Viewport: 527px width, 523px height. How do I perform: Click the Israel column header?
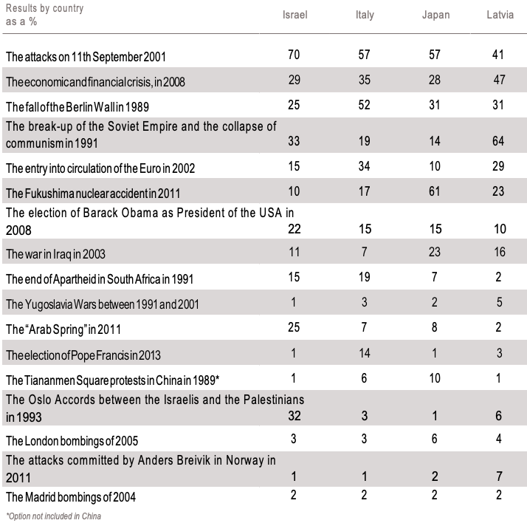(x=294, y=16)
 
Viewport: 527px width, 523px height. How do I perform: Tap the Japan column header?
(x=435, y=16)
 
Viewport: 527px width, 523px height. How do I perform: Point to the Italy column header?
(x=365, y=16)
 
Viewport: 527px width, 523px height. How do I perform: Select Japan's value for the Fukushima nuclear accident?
(x=435, y=193)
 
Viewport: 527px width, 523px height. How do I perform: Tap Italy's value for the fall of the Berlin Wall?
(x=365, y=105)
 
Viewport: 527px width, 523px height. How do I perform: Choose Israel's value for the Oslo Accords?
(x=294, y=416)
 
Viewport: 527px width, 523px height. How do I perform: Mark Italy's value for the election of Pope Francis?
(x=365, y=353)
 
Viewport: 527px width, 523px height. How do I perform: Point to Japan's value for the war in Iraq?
(x=435, y=252)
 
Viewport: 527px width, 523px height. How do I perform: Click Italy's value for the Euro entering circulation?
(x=365, y=167)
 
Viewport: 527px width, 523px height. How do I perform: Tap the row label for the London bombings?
(x=72, y=442)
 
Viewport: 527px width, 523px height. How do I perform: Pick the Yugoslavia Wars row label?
(x=102, y=304)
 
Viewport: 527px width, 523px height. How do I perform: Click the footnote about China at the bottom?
(x=53, y=516)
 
